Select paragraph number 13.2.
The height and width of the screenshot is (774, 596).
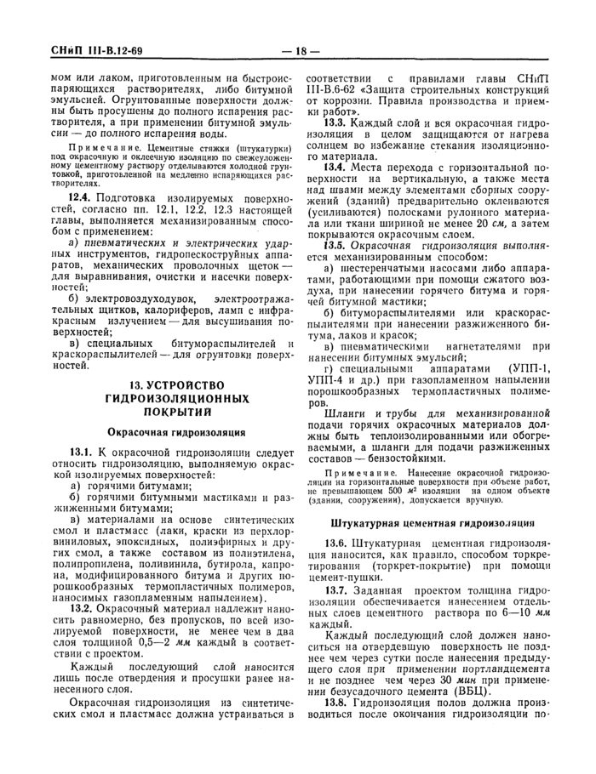tap(82, 632)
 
